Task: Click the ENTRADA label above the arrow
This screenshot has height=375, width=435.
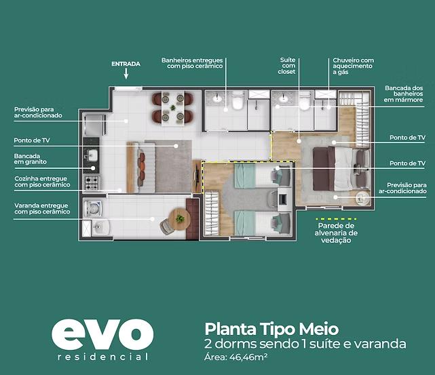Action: tap(126, 64)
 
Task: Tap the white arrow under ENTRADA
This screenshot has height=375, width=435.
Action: tap(126, 74)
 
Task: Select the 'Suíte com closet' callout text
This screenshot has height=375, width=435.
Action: tap(287, 66)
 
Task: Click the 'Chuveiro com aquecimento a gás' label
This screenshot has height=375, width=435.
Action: tap(353, 66)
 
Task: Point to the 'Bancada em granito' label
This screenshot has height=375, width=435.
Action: tap(31, 159)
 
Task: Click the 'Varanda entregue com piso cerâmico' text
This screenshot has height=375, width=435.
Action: tap(42, 208)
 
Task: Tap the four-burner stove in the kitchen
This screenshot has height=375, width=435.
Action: tap(92, 182)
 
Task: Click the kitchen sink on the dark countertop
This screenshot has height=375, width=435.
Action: tap(92, 155)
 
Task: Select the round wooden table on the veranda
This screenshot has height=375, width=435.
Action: tap(179, 219)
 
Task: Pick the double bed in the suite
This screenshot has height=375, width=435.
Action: tap(341, 169)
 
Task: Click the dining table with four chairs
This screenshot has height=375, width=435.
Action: tap(172, 108)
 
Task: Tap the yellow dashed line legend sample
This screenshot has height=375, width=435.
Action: tap(336, 219)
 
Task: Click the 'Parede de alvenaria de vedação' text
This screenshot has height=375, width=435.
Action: tap(336, 233)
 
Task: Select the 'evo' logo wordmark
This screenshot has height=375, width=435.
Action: tap(102, 334)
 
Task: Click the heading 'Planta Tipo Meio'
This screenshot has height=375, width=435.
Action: tap(271, 329)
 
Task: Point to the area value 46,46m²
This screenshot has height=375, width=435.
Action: tap(248, 357)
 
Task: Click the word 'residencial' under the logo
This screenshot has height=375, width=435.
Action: tap(102, 357)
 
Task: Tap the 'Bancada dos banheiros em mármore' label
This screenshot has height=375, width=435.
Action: tap(403, 94)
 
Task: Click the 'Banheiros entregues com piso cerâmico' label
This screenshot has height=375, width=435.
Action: tap(192, 63)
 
